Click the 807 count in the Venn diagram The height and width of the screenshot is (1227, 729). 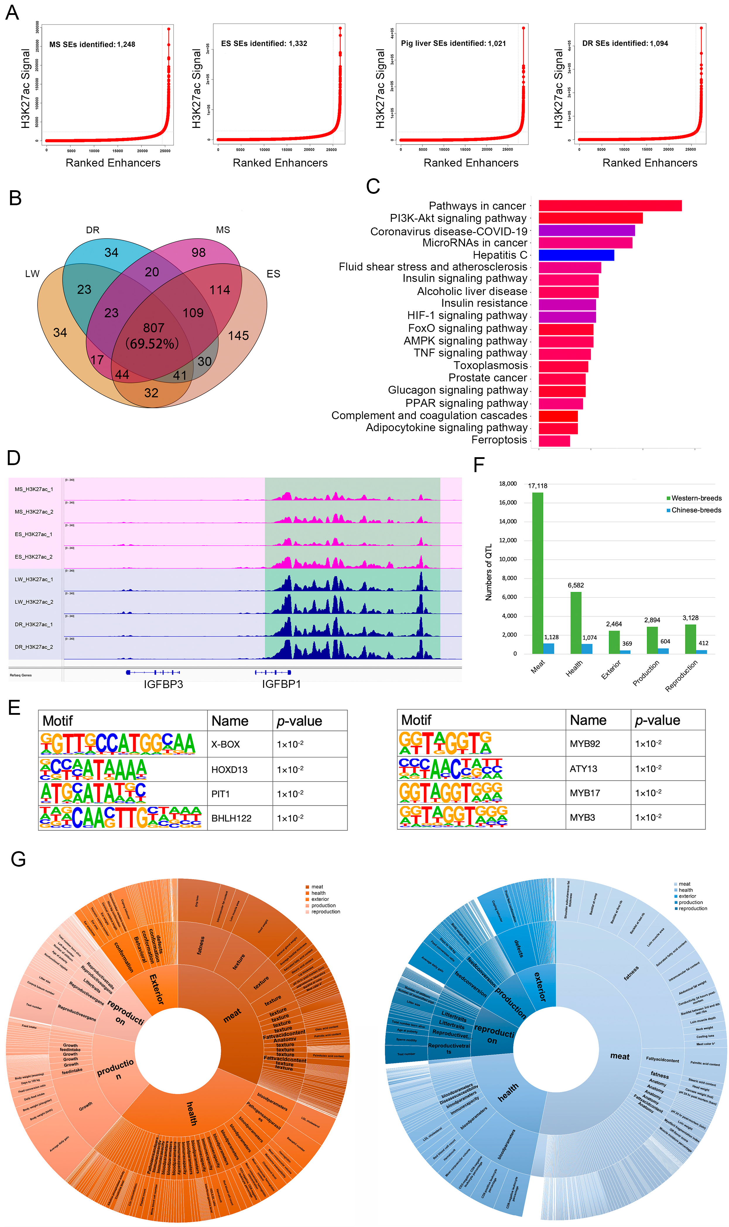click(153, 328)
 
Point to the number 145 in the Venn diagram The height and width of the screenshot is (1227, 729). click(238, 336)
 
